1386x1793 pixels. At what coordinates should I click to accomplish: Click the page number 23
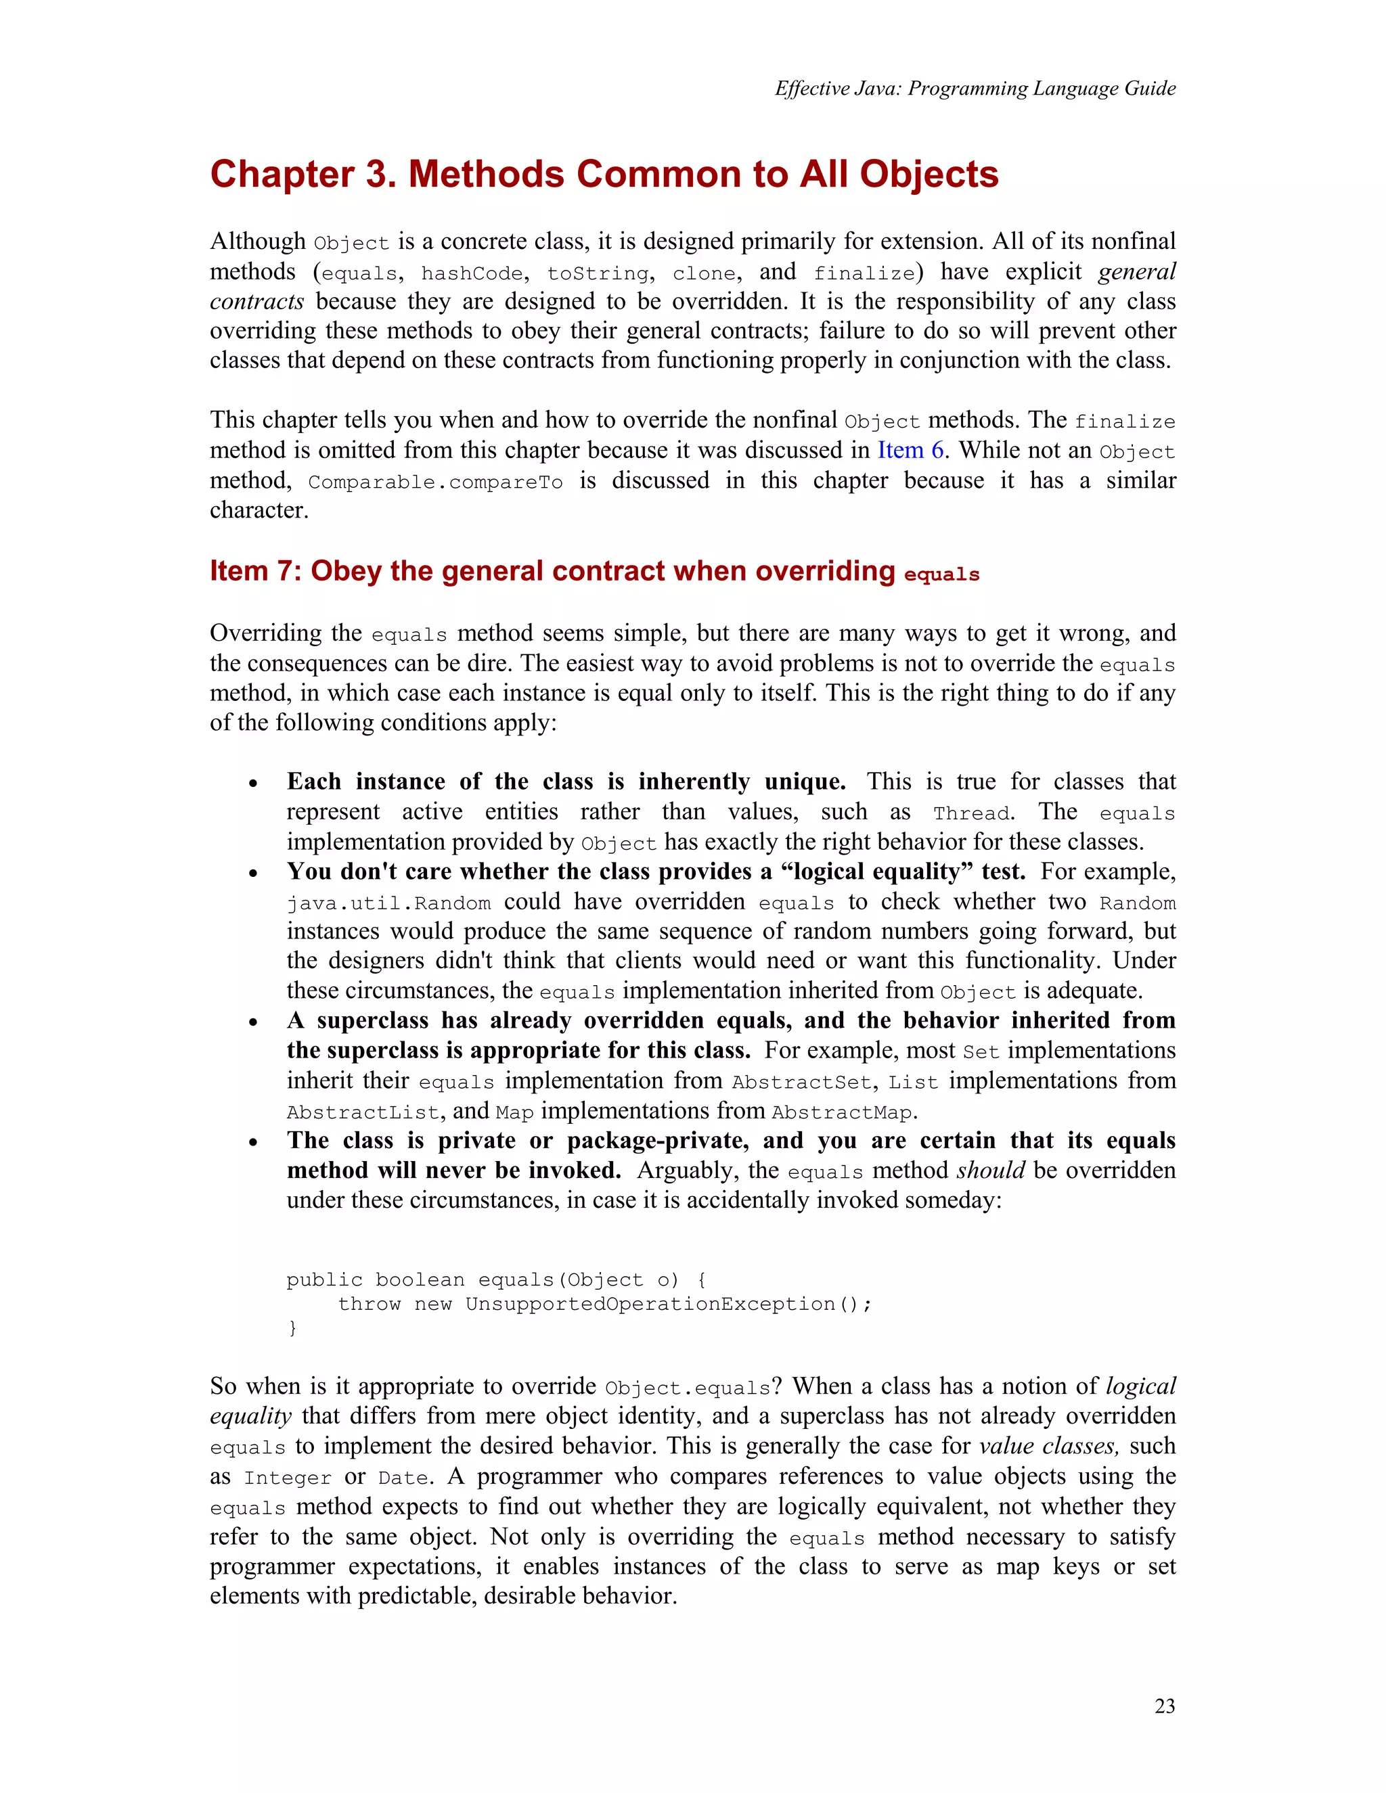[x=1164, y=1706]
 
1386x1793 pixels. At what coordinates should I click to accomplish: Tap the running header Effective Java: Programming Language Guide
[x=975, y=89]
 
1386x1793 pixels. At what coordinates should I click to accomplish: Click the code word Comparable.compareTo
[x=435, y=482]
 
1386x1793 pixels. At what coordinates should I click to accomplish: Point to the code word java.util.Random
[x=388, y=904]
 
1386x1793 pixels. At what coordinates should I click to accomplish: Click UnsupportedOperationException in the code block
[x=650, y=1304]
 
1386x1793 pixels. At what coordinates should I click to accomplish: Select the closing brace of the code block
[x=292, y=1327]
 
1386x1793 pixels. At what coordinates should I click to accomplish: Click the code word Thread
[x=971, y=813]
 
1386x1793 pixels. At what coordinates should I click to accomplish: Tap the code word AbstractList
[x=363, y=1113]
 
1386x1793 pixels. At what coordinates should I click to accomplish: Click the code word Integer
[x=288, y=1478]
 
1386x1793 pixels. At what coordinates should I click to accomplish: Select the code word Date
[x=404, y=1478]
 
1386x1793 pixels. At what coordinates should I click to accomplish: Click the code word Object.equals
[x=688, y=1388]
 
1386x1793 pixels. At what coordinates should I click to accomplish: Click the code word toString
[x=598, y=273]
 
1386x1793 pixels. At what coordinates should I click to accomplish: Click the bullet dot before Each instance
[x=254, y=784]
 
